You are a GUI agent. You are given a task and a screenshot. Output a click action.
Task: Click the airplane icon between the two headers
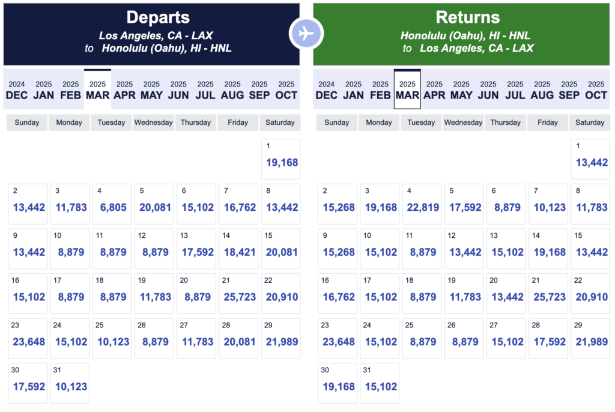click(306, 34)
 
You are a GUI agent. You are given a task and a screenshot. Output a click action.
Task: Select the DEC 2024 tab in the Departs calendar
click(16, 89)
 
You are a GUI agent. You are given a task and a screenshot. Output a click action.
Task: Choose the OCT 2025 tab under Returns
click(596, 89)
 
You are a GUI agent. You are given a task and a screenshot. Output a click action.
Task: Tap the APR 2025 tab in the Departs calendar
click(124, 89)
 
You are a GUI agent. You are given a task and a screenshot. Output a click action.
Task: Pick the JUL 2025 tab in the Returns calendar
click(515, 89)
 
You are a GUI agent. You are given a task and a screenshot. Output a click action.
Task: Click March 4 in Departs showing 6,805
click(112, 204)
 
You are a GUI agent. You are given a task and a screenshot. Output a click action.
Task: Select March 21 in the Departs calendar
click(238, 293)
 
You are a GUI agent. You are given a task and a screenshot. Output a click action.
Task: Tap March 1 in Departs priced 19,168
click(280, 159)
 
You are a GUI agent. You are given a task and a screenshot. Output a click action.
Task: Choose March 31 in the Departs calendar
click(70, 383)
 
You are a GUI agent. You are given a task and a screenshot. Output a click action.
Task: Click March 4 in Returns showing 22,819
click(421, 204)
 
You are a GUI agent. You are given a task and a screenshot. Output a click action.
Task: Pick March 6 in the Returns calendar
click(506, 204)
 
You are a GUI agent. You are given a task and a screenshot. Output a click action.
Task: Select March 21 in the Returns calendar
click(548, 293)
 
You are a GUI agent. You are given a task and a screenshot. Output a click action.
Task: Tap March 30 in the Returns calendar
click(337, 383)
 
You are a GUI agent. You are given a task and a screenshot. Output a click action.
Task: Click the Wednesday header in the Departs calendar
click(153, 123)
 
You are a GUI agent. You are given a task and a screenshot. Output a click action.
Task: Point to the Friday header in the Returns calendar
click(548, 123)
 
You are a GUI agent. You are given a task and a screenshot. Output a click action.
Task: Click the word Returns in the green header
click(467, 17)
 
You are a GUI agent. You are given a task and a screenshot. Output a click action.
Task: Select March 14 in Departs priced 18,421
click(238, 249)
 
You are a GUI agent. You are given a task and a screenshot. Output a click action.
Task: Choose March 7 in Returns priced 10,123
click(548, 204)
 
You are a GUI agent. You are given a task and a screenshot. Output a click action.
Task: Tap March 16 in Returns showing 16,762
click(337, 293)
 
